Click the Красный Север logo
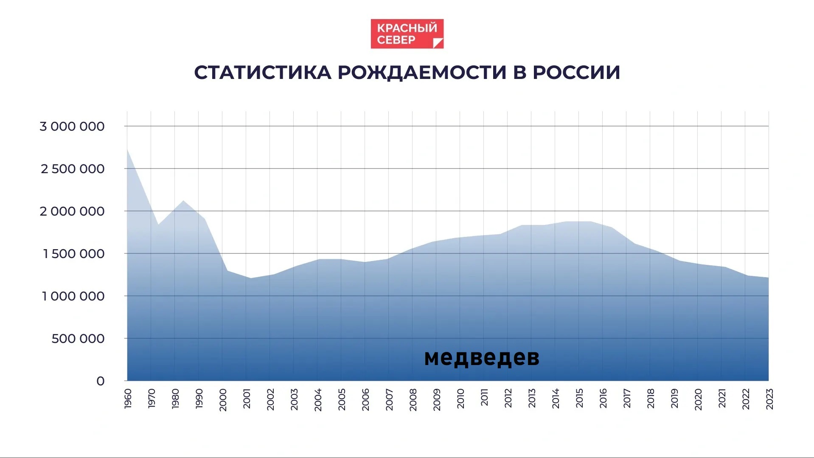(407, 34)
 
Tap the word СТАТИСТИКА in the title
(263, 73)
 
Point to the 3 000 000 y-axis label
(72, 126)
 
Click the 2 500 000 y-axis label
(73, 169)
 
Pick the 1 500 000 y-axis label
(73, 254)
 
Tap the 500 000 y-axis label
(78, 339)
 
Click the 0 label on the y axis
(101, 381)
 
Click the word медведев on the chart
(482, 357)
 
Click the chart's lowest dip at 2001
(250, 278)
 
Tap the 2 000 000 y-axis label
(72, 211)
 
